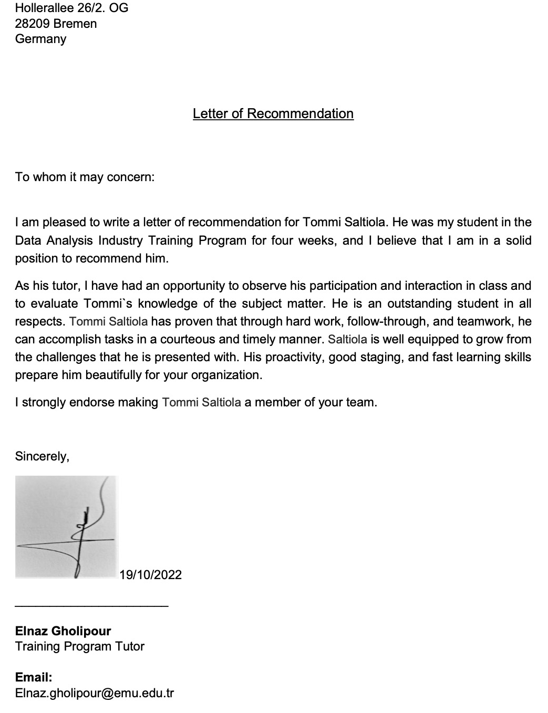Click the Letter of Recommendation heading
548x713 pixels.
[273, 114]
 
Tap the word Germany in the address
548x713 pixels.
[40, 39]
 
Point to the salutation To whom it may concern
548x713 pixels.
[85, 177]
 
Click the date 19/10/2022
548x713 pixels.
[150, 575]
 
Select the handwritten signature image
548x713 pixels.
[66, 527]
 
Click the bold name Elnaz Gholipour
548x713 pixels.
[63, 631]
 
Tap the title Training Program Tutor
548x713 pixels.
[79, 646]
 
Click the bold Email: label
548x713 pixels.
[34, 677]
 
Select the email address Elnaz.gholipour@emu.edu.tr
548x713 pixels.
[94, 693]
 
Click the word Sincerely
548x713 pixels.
[42, 456]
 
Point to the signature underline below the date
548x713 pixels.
[92, 606]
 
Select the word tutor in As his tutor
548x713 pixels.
[67, 286]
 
